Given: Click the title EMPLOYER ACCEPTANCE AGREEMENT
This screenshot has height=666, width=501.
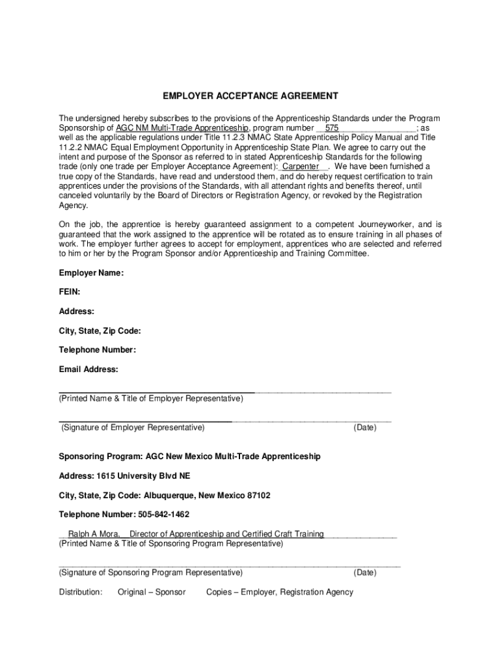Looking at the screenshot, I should click(x=251, y=96).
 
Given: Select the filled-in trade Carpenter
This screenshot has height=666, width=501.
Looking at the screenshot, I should click(x=301, y=166).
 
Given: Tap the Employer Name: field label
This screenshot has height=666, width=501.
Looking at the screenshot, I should click(x=91, y=273).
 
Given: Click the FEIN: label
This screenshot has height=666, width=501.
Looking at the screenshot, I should click(x=70, y=293).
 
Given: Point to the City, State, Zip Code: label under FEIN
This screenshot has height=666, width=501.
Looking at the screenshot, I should click(x=100, y=331).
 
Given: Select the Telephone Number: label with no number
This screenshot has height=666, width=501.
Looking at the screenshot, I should click(x=98, y=350).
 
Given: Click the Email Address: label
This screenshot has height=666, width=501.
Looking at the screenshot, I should click(x=88, y=369).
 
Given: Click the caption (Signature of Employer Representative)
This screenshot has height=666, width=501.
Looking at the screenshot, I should click(x=133, y=427).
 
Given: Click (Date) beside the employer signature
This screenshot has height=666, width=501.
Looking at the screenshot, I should click(x=364, y=427).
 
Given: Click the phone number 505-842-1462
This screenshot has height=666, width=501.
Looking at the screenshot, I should click(x=163, y=514).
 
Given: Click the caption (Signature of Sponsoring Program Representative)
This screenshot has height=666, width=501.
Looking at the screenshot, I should click(x=151, y=572).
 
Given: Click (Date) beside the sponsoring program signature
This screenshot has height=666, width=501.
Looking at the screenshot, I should click(x=364, y=572).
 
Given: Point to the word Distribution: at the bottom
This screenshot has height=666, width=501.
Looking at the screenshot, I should click(x=81, y=592).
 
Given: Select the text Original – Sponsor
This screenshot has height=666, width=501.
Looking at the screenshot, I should click(x=152, y=592).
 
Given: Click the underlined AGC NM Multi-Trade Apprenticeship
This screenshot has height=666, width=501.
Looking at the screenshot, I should click(x=182, y=128).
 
